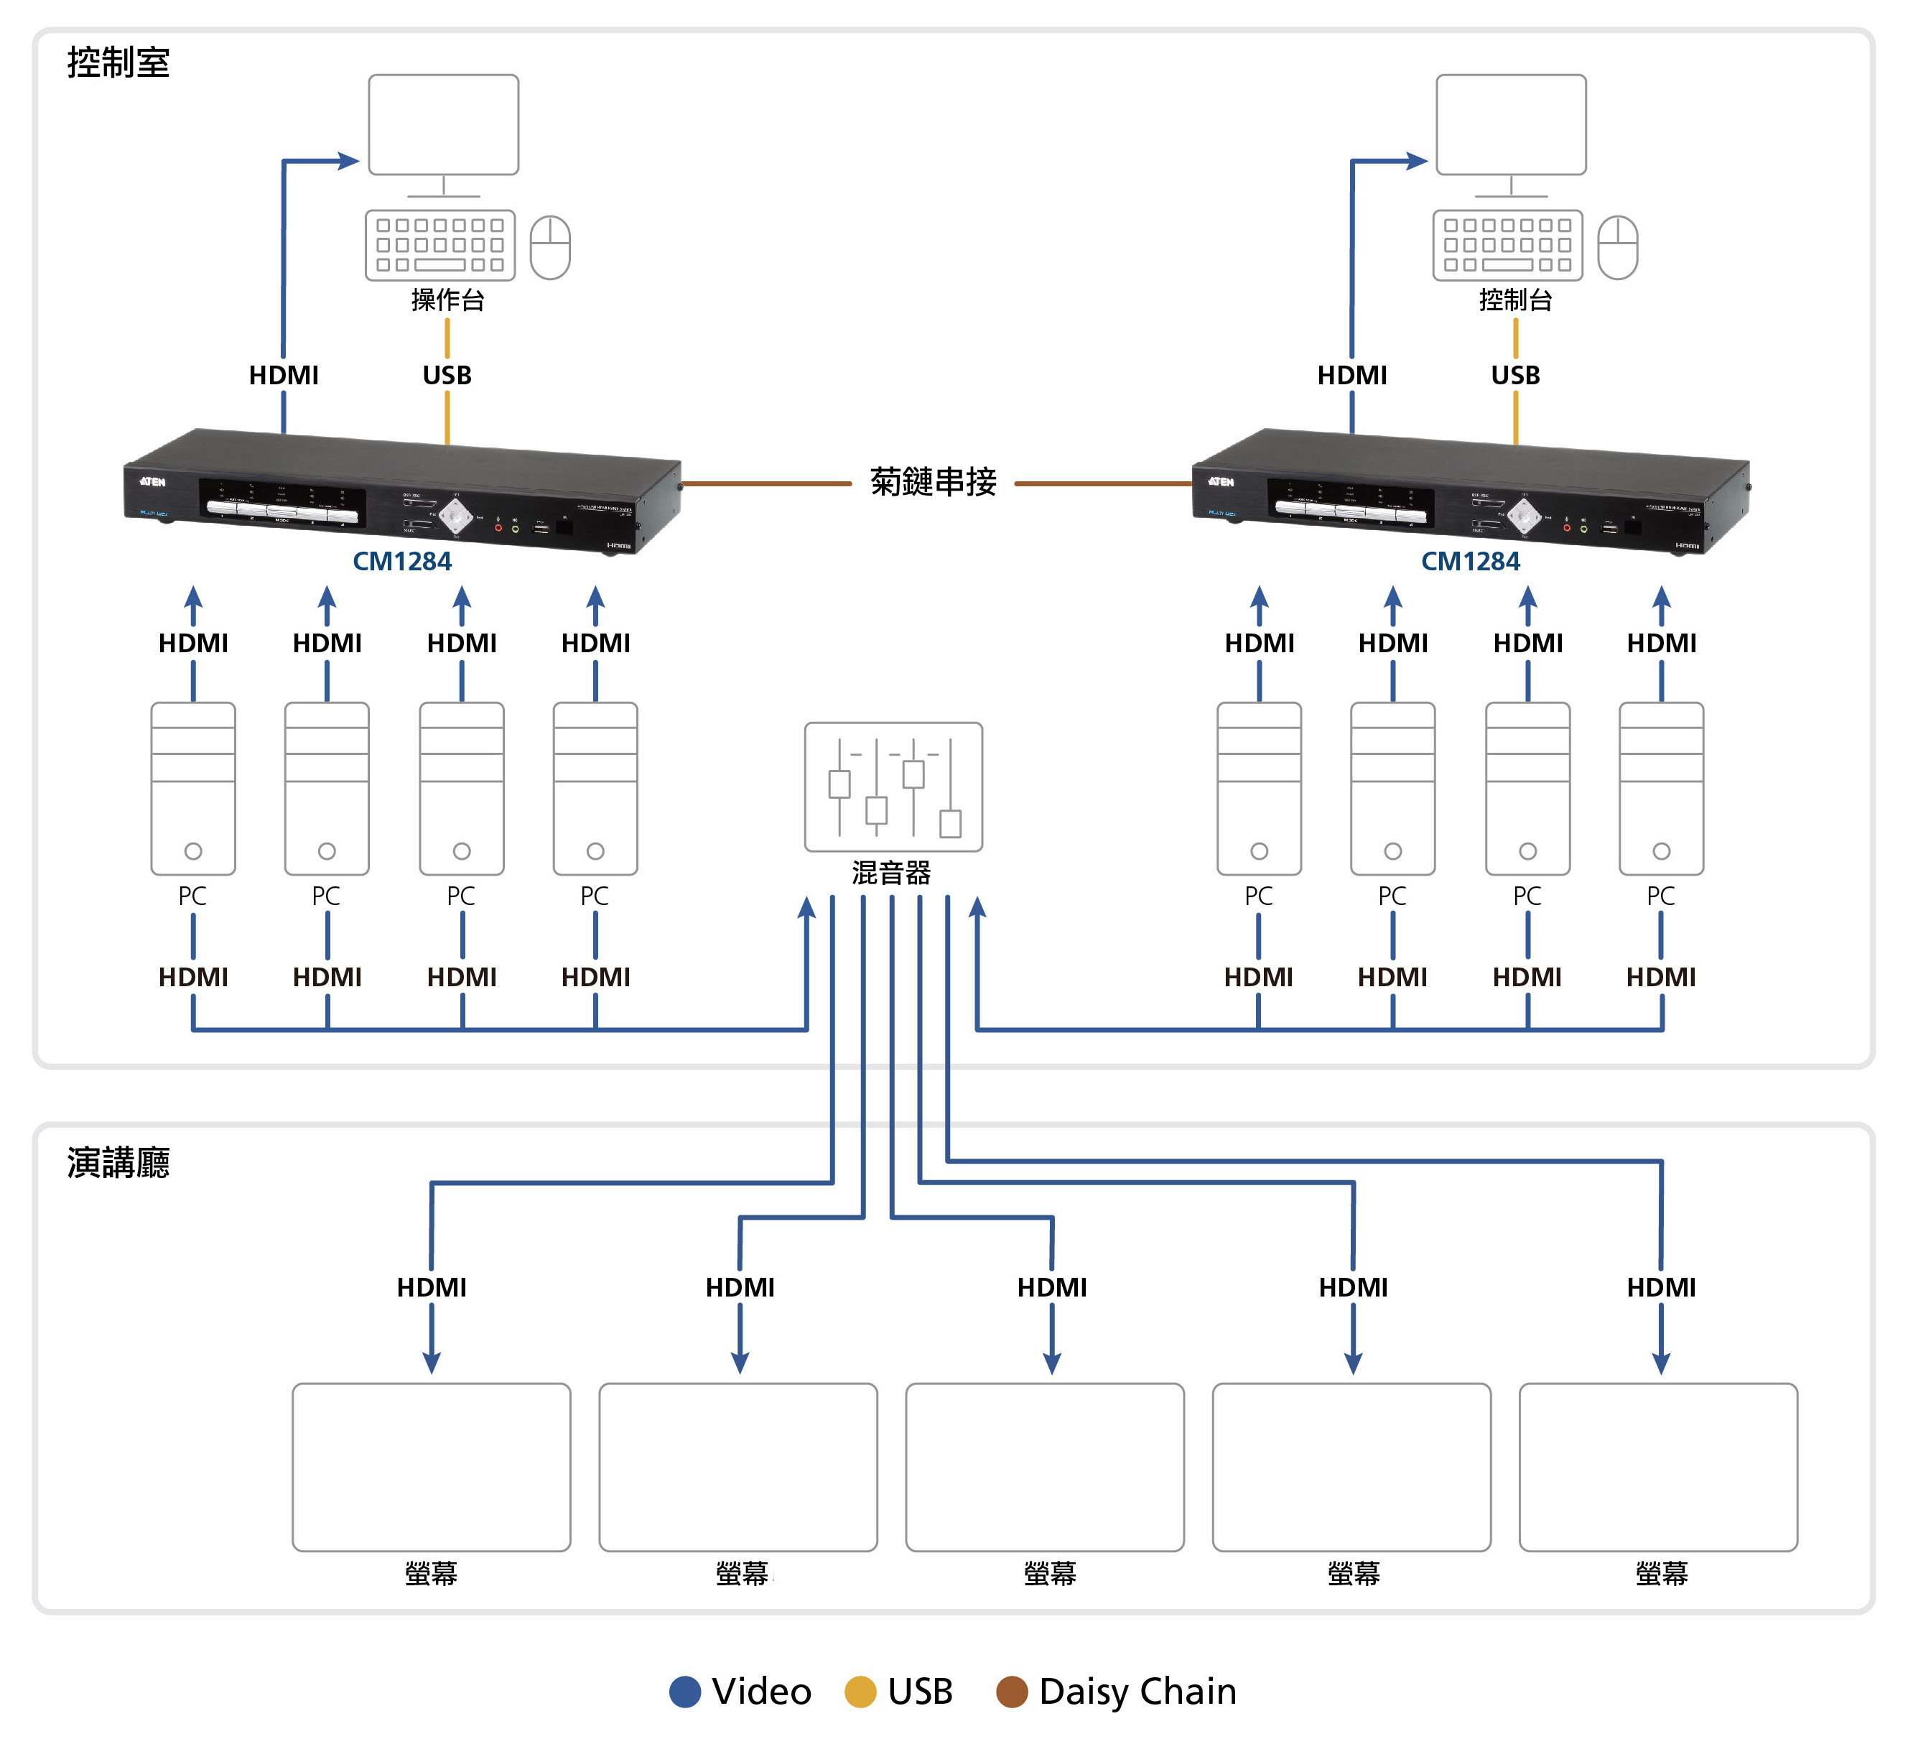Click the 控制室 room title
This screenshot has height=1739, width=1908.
tap(118, 62)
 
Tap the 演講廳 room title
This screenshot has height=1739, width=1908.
tap(118, 1162)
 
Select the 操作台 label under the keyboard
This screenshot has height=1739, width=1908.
tap(447, 300)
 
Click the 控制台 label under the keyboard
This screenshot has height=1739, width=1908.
tap(1515, 300)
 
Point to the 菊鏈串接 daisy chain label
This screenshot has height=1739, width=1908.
tap(934, 482)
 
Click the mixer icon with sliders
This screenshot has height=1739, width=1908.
tap(893, 787)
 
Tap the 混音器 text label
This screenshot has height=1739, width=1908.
tap(892, 873)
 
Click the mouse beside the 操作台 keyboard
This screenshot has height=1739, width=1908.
tap(550, 247)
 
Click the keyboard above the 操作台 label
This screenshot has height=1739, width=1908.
tap(440, 245)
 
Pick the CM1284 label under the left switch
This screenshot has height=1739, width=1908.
tap(402, 562)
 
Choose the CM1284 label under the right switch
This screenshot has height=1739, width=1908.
tap(1470, 562)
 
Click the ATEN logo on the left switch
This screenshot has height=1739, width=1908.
tap(152, 482)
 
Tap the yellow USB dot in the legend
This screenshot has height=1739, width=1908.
tap(860, 1692)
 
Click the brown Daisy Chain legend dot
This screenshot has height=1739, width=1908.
tap(1012, 1692)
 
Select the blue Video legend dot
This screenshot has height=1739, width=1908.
tap(685, 1692)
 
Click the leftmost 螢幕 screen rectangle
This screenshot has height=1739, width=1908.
tap(432, 1466)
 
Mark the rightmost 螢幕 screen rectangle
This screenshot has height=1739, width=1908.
tap(1658, 1466)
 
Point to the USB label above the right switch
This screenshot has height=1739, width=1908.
tap(1515, 376)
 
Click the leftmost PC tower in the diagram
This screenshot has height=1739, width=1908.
tap(193, 789)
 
